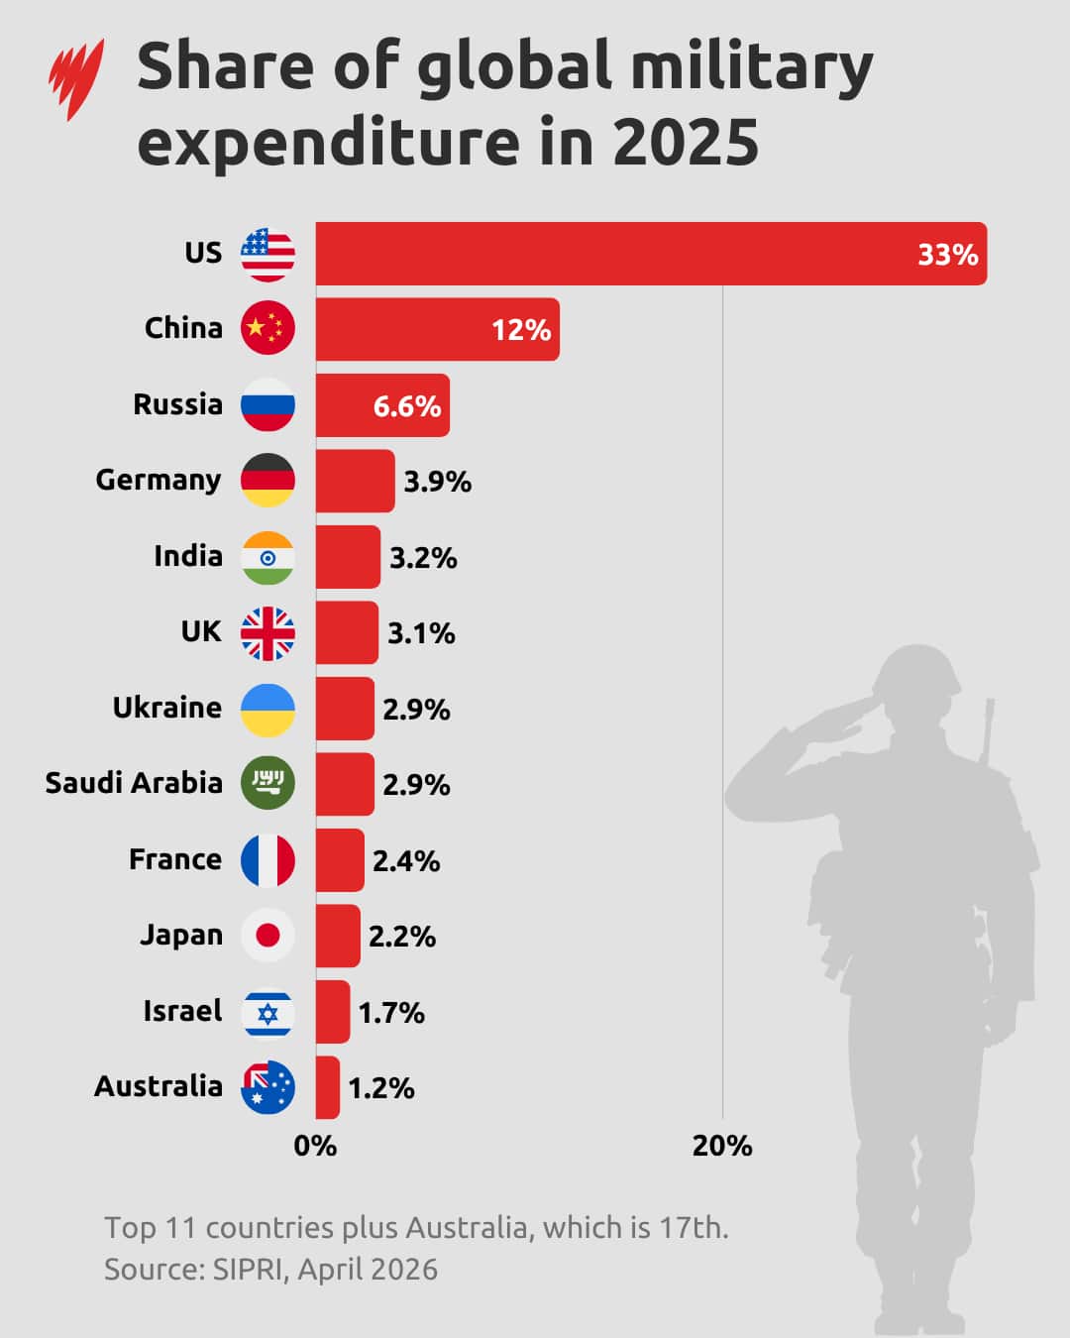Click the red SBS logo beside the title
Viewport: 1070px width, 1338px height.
(77, 79)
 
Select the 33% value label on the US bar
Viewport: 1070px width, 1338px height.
(947, 255)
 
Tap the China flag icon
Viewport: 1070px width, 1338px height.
(267, 328)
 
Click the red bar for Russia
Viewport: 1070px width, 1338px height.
(382, 405)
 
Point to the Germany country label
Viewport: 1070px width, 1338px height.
(159, 480)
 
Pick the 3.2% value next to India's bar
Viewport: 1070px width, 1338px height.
(423, 558)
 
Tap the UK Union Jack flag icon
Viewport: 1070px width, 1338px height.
(267, 633)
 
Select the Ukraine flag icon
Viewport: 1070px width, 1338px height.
(267, 710)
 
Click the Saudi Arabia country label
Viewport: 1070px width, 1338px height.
(134, 783)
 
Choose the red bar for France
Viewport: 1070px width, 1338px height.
(340, 860)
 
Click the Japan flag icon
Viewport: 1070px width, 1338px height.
(267, 936)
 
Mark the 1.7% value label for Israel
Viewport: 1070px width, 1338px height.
(391, 1013)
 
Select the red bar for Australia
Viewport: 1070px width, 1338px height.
(328, 1087)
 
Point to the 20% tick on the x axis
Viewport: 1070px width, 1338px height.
(722, 1146)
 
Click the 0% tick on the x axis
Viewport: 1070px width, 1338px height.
(315, 1146)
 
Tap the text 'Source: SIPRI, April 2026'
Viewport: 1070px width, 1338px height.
(270, 1270)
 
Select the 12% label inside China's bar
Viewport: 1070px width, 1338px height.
(521, 330)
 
